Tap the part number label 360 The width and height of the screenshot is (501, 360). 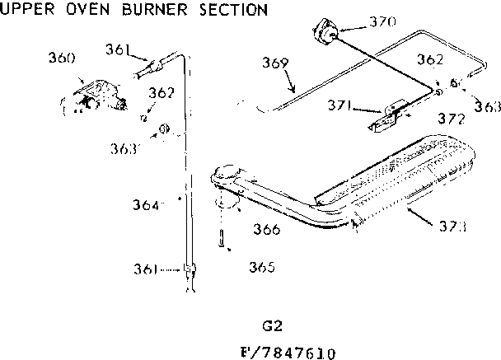click(62, 58)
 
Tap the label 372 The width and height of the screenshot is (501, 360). click(451, 119)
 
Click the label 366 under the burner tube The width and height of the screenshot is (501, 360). click(266, 230)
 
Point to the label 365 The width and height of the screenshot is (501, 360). click(260, 267)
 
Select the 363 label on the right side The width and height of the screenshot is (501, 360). click(488, 105)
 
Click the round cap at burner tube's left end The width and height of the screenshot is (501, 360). click(226, 175)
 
